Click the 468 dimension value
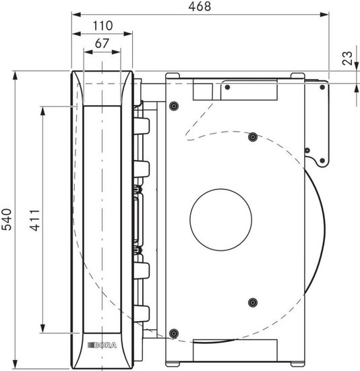[200, 6]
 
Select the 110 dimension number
[102, 26]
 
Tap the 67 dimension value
[102, 43]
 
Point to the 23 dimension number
[347, 58]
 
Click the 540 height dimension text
[7, 219]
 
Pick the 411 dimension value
[34, 220]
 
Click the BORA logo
[102, 345]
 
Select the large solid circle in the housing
[220, 220]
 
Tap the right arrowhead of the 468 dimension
[324, 15]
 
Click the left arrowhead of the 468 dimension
[76, 15]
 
